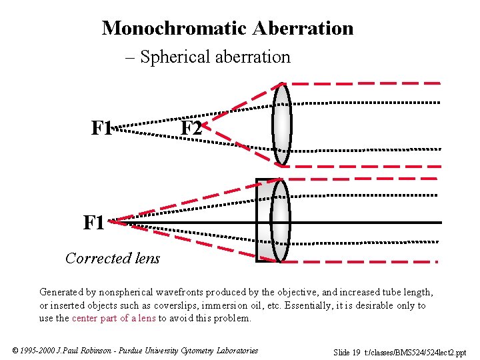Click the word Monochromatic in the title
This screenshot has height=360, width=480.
(175, 28)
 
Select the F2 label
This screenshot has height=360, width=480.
(191, 128)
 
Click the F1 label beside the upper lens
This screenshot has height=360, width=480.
(102, 127)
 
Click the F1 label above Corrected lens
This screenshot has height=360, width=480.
(94, 223)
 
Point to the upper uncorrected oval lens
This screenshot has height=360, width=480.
(282, 123)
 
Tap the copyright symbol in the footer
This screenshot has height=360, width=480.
(15, 351)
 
